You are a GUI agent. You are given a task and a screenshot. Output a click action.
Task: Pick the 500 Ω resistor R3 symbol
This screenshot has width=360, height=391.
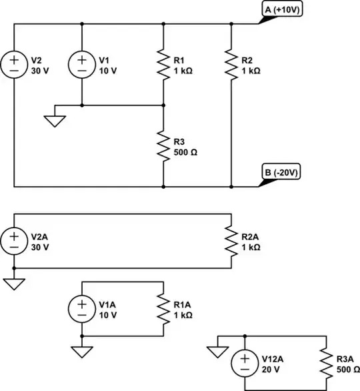click(163, 146)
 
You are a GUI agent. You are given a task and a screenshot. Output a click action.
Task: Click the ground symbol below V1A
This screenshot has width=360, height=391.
click(81, 350)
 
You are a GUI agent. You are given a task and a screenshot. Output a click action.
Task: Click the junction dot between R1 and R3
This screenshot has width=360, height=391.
click(163, 105)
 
